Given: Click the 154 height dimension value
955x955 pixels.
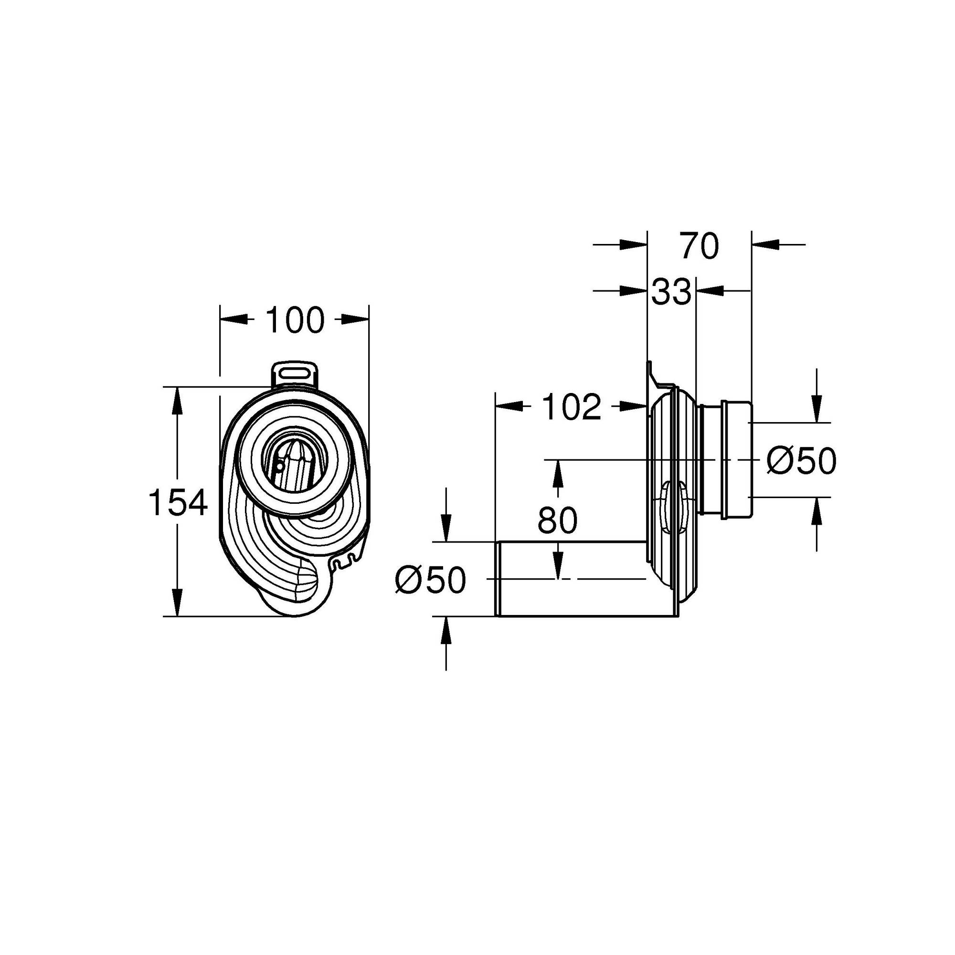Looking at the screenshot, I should tap(178, 502).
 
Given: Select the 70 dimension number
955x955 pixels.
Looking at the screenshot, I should tap(699, 245).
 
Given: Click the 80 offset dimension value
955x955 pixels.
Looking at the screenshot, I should tap(558, 520).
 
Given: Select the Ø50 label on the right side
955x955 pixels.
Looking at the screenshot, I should tap(801, 461).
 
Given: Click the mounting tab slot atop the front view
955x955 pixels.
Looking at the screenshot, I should tap(295, 371).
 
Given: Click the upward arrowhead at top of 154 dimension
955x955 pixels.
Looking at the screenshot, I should tap(178, 397).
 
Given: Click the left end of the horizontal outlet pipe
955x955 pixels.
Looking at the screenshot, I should tap(498, 579).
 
